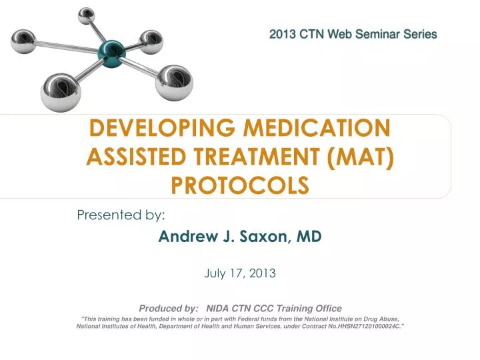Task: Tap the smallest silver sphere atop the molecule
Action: click(x=86, y=15)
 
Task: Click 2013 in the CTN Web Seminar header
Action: click(x=283, y=33)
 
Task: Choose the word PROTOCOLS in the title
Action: click(x=240, y=185)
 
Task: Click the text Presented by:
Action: click(x=121, y=215)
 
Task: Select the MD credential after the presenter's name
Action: click(x=309, y=237)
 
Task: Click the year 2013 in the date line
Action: click(x=263, y=273)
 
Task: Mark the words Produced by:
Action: click(x=168, y=308)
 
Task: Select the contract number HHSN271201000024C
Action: click(x=359, y=327)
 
